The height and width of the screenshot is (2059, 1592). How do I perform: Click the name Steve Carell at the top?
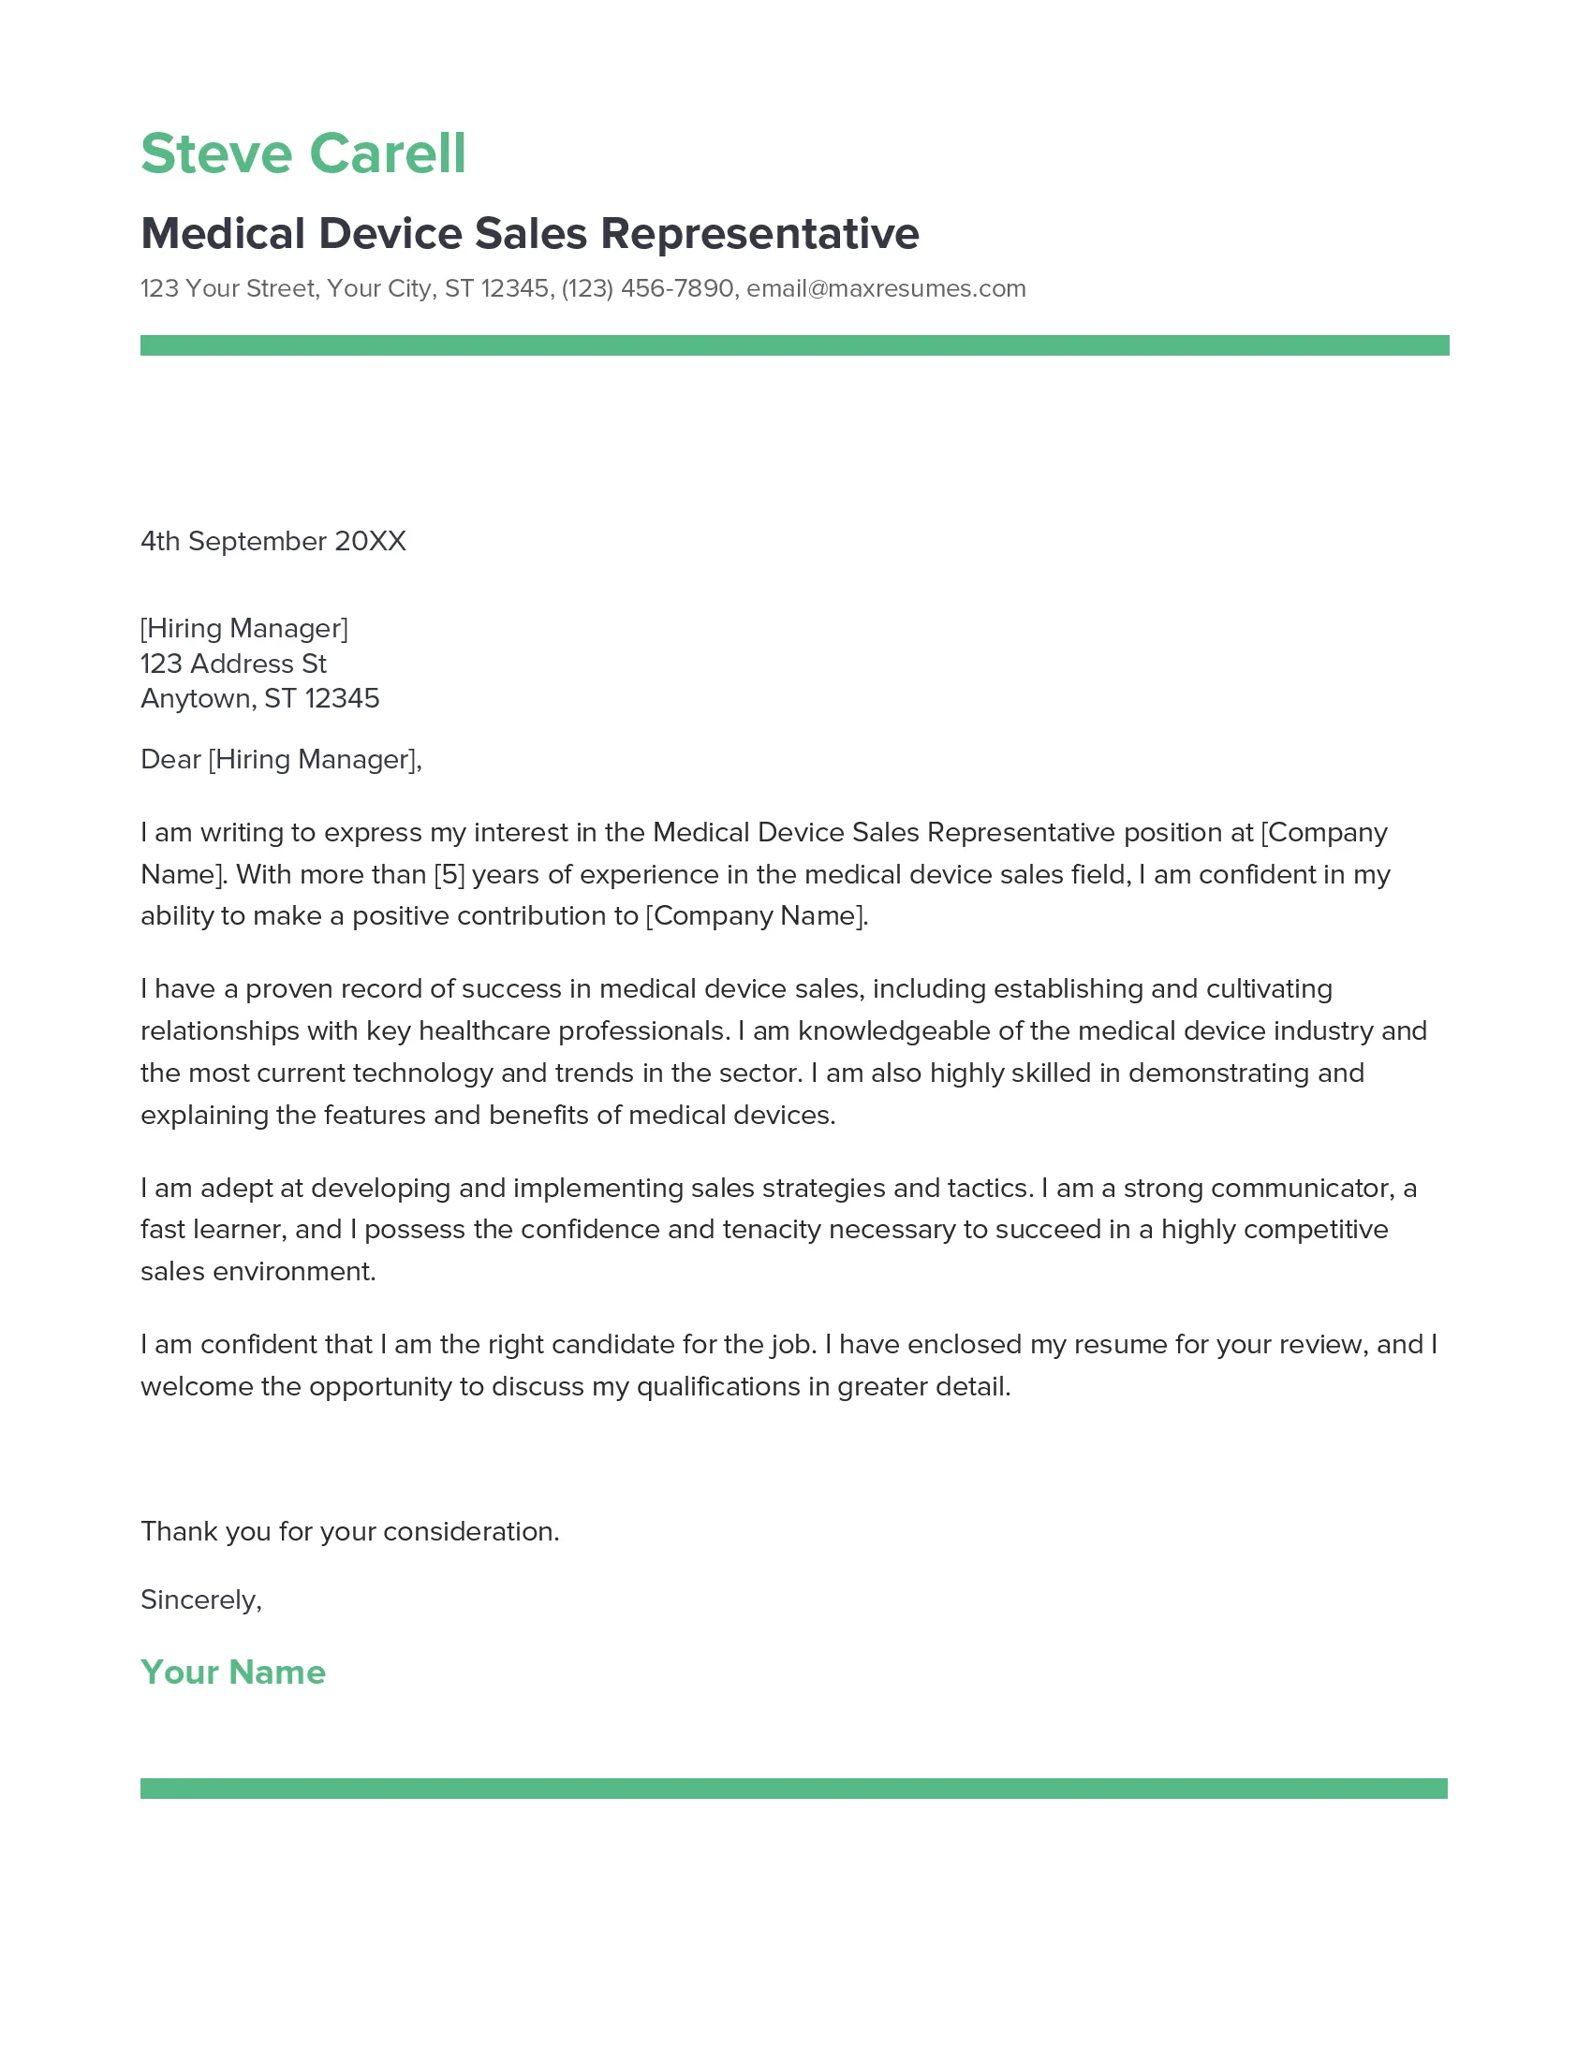tap(302, 153)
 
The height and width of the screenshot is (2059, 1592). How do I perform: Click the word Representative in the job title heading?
tap(759, 234)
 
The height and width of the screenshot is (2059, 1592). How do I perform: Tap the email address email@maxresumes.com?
tap(886, 288)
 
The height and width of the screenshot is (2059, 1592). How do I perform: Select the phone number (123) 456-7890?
tap(647, 288)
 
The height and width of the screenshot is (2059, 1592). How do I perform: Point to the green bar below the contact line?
tap(794, 345)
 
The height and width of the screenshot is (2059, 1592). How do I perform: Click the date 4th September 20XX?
tap(273, 541)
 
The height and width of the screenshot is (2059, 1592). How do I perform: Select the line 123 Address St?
tap(233, 664)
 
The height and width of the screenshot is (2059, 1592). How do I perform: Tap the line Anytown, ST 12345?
tap(259, 698)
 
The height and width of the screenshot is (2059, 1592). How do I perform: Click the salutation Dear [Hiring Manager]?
tap(281, 759)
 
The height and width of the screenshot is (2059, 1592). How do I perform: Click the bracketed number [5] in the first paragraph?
tap(449, 875)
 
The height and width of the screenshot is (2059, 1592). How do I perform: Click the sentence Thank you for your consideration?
tap(350, 1531)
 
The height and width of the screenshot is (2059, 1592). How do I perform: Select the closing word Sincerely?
tap(201, 1599)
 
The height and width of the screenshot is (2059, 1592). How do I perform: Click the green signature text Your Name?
tap(233, 1672)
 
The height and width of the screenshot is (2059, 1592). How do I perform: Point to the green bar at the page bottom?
tap(794, 1789)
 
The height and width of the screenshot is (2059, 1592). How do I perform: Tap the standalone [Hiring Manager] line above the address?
tap(244, 628)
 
